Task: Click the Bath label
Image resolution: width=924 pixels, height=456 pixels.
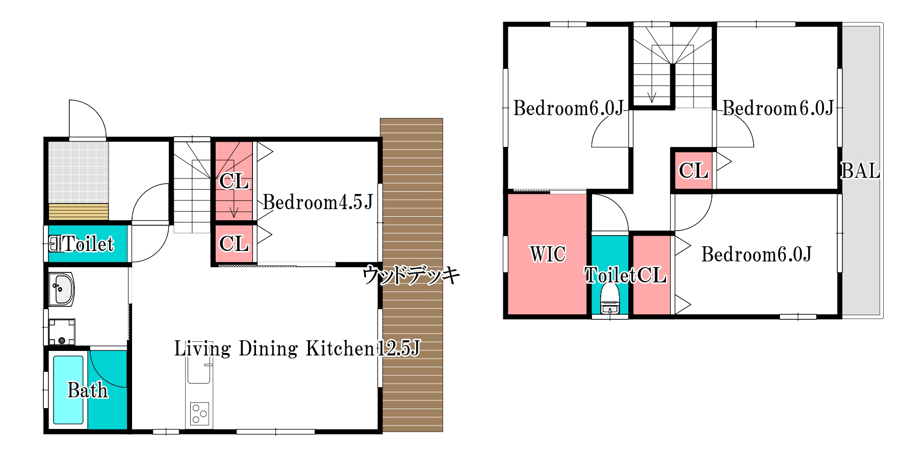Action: pos(88,390)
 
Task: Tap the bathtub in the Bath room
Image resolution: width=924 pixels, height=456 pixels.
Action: pos(68,390)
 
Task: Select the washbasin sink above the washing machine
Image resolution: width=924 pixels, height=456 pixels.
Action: pos(62,289)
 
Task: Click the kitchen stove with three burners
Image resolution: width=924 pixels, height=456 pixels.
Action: pos(199,414)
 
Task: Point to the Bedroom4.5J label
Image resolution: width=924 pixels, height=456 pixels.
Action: pos(318,202)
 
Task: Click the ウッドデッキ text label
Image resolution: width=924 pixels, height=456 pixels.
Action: pos(411,275)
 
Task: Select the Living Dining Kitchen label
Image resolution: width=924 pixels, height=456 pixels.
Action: pos(275,348)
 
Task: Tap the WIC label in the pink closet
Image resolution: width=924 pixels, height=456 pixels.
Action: pos(548,254)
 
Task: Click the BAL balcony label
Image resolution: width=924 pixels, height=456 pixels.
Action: pos(860,170)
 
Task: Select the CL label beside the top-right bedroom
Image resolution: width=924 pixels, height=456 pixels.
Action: pos(694,170)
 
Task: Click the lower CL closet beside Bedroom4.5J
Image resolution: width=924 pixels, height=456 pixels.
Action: pos(234,244)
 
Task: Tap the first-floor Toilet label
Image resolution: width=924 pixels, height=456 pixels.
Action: pos(89,244)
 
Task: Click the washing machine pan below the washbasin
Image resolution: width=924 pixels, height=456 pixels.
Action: pos(62,332)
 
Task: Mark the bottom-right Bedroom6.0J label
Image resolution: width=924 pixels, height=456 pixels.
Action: pos(756,254)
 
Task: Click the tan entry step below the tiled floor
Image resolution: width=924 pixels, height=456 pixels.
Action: pos(79,212)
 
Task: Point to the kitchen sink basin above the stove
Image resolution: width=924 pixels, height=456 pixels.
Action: pos(198,370)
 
